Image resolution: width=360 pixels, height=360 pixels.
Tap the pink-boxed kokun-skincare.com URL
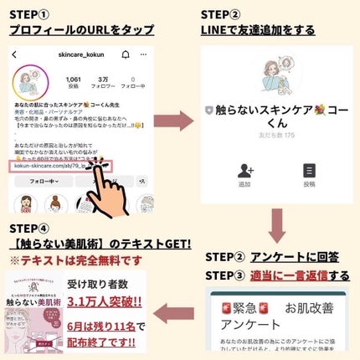point(55,167)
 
